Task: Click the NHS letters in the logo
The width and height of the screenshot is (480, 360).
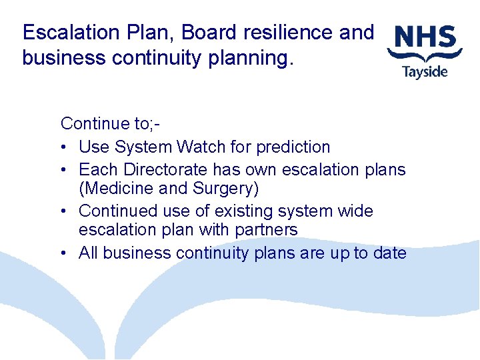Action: tap(425, 37)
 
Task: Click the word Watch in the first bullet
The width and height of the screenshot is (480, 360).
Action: tap(203, 147)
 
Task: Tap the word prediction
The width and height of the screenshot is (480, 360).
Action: tap(293, 147)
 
